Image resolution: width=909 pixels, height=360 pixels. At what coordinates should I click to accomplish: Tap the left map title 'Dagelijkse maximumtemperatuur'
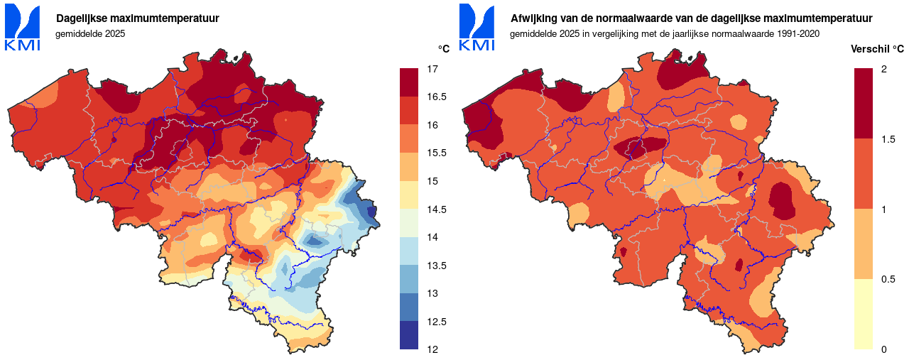[138, 18]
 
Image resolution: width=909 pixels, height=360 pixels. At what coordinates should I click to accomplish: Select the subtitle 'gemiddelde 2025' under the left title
[90, 33]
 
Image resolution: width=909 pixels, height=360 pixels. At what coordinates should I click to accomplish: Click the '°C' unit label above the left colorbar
[443, 48]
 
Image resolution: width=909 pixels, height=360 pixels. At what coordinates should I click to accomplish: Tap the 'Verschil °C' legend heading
[877, 48]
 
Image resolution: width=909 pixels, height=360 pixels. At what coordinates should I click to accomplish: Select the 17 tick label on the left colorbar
[432, 69]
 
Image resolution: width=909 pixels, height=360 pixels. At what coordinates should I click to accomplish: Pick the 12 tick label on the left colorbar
[432, 349]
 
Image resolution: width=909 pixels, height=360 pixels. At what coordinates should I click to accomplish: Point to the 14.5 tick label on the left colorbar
[436, 209]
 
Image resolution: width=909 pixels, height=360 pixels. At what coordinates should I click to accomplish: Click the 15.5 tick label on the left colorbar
[436, 153]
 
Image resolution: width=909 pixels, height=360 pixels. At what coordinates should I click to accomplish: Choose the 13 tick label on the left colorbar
[432, 293]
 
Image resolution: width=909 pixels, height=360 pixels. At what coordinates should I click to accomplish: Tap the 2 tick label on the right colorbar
[883, 69]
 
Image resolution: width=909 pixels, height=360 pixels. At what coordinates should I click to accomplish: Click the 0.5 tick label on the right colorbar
[888, 279]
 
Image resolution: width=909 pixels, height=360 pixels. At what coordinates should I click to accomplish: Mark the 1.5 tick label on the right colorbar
[888, 139]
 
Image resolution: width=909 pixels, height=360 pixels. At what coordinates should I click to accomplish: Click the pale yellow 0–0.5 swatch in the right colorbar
[864, 314]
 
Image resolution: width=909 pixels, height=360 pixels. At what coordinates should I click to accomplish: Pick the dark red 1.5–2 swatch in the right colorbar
[864, 104]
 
